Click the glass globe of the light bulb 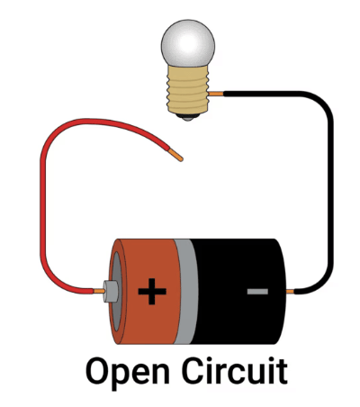click(188, 43)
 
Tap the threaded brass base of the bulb click(188, 89)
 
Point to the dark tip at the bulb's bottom click(188, 117)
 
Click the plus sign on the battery click(152, 291)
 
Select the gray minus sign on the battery click(257, 291)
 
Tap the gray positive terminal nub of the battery click(111, 291)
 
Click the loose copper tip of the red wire click(175, 155)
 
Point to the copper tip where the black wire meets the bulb click(216, 94)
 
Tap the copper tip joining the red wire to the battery click(99, 291)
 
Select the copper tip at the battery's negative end click(290, 291)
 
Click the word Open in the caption click(128, 372)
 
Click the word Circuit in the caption click(235, 370)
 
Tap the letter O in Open click(99, 370)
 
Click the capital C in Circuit click(194, 370)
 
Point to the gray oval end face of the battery click(117, 292)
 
